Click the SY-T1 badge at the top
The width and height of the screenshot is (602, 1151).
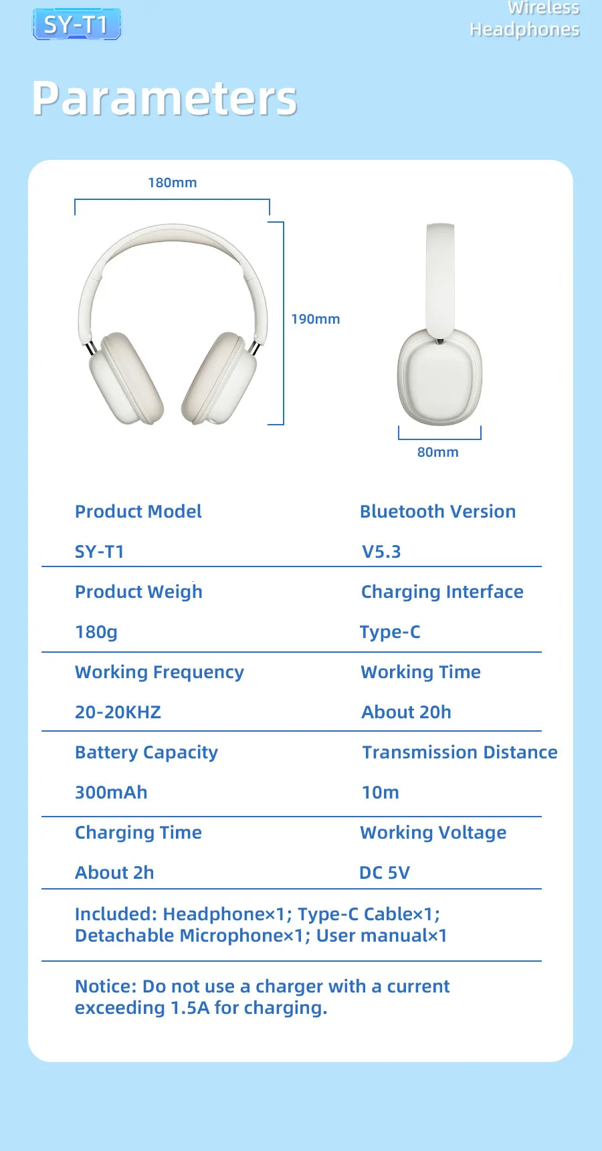(x=77, y=25)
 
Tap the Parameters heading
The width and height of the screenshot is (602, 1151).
(x=165, y=99)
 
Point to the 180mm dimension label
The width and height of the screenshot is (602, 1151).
(x=173, y=183)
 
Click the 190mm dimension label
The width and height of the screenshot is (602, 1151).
(x=315, y=319)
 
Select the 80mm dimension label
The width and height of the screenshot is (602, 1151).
(x=438, y=452)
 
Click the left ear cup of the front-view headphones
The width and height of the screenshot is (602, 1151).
(x=126, y=378)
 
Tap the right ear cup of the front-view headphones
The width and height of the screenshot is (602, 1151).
(x=219, y=378)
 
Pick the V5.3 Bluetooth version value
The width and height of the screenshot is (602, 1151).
(x=381, y=552)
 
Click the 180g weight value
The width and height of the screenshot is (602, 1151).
(x=96, y=632)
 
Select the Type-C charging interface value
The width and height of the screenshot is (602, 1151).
(x=390, y=632)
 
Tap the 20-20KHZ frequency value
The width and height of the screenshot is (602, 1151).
(x=118, y=712)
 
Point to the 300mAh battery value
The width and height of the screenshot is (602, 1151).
(x=111, y=793)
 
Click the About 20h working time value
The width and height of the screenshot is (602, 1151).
(x=407, y=712)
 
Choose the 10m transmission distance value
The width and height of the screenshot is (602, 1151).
(x=381, y=793)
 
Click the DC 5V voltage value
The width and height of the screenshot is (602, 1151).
(x=385, y=873)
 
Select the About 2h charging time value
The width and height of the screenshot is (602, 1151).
(x=114, y=873)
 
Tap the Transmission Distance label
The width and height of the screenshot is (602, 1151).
(x=460, y=752)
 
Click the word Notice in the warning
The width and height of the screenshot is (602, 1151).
(x=106, y=986)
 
